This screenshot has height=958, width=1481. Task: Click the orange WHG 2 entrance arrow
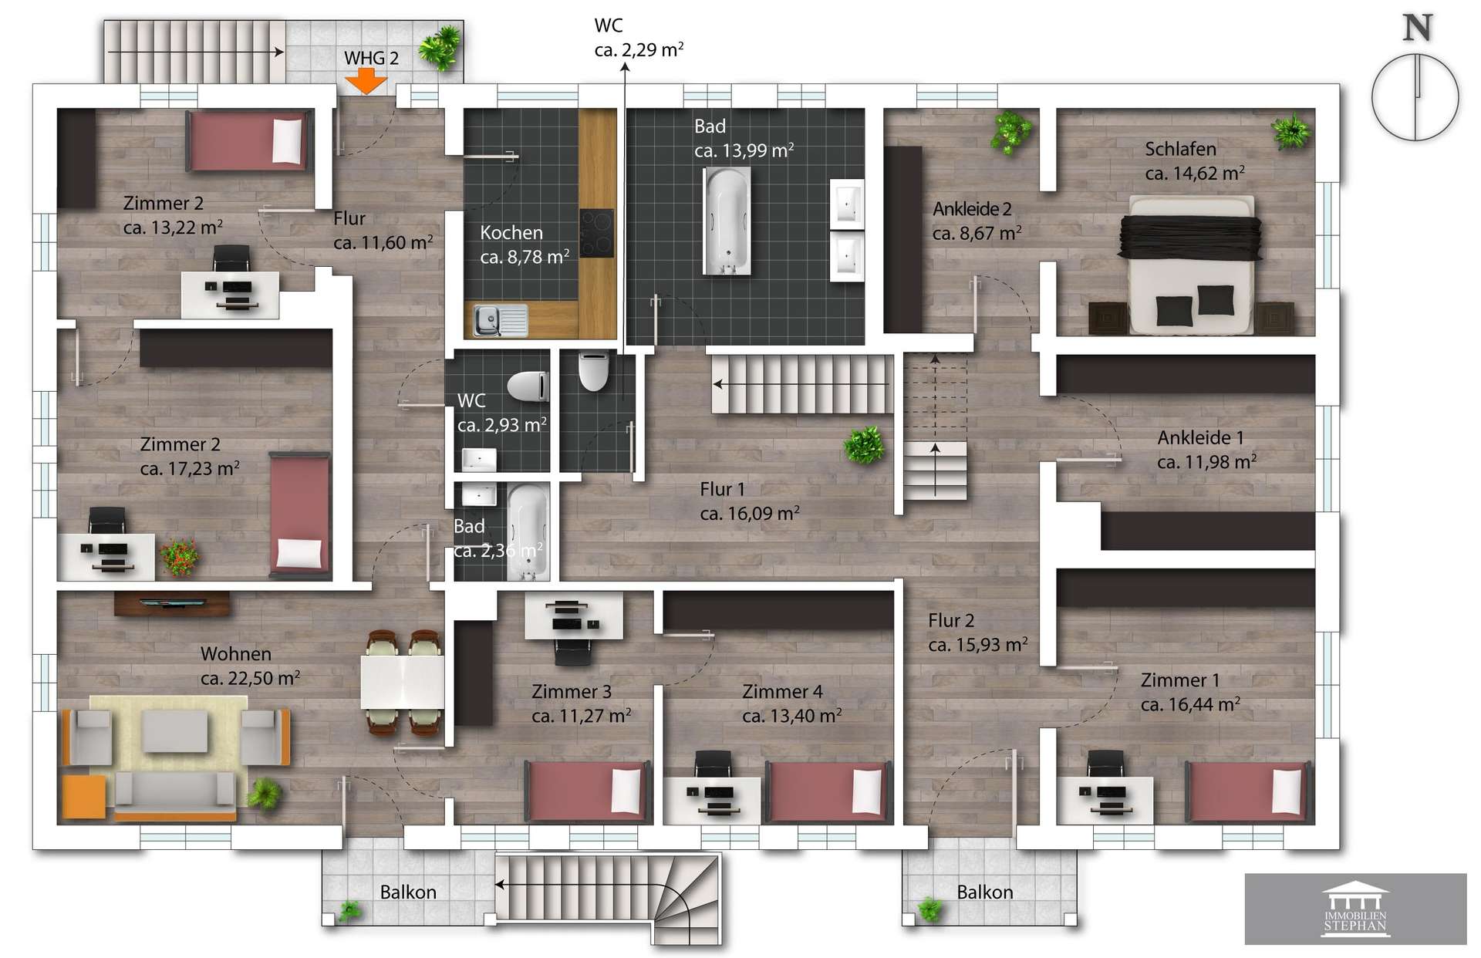point(366,81)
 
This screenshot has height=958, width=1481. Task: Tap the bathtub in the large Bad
point(727,221)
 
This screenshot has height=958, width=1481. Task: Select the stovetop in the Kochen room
point(596,233)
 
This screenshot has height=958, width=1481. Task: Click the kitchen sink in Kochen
point(500,320)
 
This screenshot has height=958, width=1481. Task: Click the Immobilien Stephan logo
point(1355,909)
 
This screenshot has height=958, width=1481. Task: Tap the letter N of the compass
point(1417,28)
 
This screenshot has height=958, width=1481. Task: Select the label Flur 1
point(722,489)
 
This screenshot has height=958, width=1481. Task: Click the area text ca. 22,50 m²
point(250,678)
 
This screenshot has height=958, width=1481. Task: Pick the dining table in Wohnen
point(402,682)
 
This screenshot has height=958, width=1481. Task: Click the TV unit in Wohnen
point(171,603)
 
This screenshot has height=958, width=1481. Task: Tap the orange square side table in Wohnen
point(83,796)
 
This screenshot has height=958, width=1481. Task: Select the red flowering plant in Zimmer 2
point(179,555)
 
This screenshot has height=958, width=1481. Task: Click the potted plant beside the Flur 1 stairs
point(863,446)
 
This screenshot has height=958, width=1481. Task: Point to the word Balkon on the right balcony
point(984,892)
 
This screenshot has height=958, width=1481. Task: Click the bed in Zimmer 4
point(827,792)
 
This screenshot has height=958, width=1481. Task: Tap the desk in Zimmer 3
point(574,616)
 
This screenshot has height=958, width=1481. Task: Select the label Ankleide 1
point(1200,437)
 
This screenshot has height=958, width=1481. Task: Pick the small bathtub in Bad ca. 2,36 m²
point(528,532)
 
